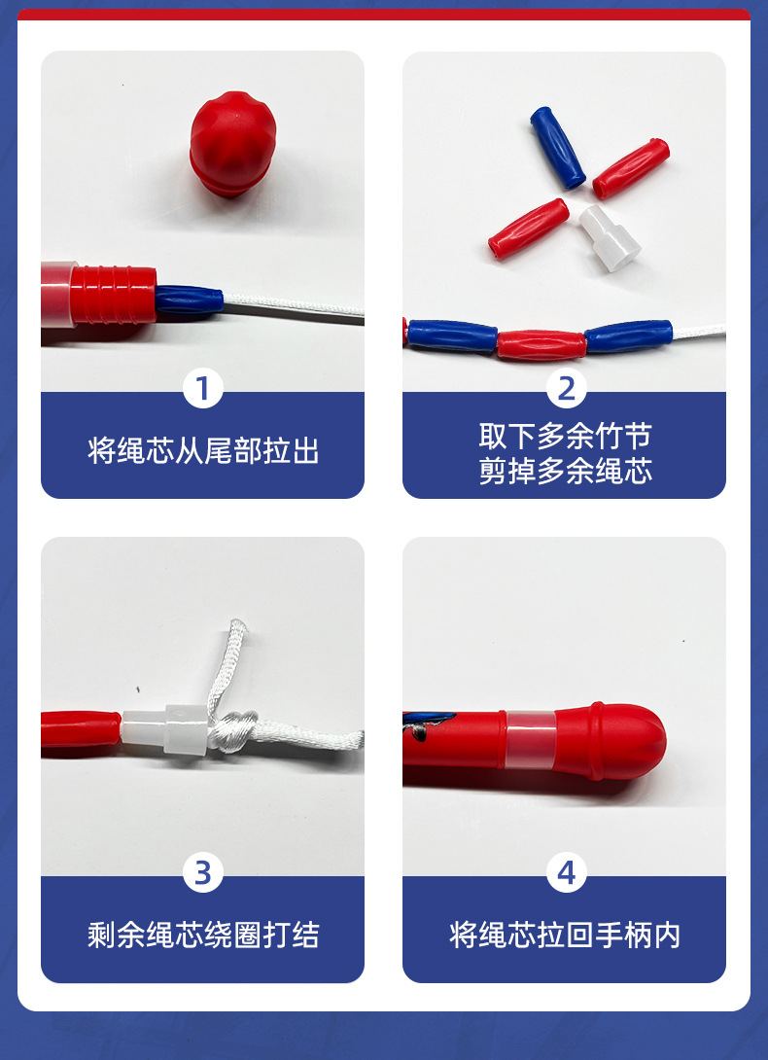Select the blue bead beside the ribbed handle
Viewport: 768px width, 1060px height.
click(x=189, y=301)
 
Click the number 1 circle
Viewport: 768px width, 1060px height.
click(x=202, y=389)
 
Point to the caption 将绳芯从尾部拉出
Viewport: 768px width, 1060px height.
click(x=202, y=451)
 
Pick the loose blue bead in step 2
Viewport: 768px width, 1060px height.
click(x=558, y=147)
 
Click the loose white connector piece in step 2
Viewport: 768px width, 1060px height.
click(x=610, y=236)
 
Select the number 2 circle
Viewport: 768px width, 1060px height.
click(x=566, y=389)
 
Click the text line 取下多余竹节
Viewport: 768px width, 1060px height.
click(x=565, y=434)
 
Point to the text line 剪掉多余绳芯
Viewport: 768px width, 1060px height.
click(x=565, y=472)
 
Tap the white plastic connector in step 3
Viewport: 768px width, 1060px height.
click(x=167, y=730)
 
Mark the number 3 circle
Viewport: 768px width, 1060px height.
click(x=202, y=873)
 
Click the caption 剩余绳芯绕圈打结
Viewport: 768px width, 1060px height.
click(x=202, y=936)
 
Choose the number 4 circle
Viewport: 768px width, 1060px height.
click(x=566, y=873)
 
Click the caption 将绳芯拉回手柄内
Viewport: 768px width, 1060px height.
click(x=565, y=936)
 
